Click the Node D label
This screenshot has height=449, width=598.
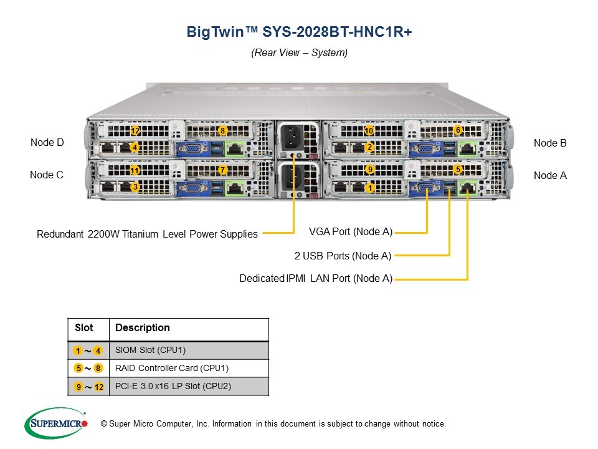47,143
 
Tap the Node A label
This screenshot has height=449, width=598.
550,176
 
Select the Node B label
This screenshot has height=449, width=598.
550,143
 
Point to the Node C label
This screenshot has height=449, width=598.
47,175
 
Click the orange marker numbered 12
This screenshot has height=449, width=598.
135,131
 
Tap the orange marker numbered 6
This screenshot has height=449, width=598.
458,130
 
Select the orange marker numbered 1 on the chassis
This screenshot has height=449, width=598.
370,187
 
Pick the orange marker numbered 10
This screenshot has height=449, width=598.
369,131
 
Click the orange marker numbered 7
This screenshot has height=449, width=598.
222,170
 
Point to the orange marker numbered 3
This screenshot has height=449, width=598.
135,186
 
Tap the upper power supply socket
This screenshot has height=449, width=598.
293,137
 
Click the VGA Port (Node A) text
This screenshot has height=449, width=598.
351,232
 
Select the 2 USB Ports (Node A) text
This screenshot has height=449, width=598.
343,256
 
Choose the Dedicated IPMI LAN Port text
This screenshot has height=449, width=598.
316,279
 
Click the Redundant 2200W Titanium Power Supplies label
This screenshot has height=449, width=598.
147,234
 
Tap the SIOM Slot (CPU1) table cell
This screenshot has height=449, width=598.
151,350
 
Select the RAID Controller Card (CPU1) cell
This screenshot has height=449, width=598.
168,368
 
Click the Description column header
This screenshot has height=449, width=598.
143,328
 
